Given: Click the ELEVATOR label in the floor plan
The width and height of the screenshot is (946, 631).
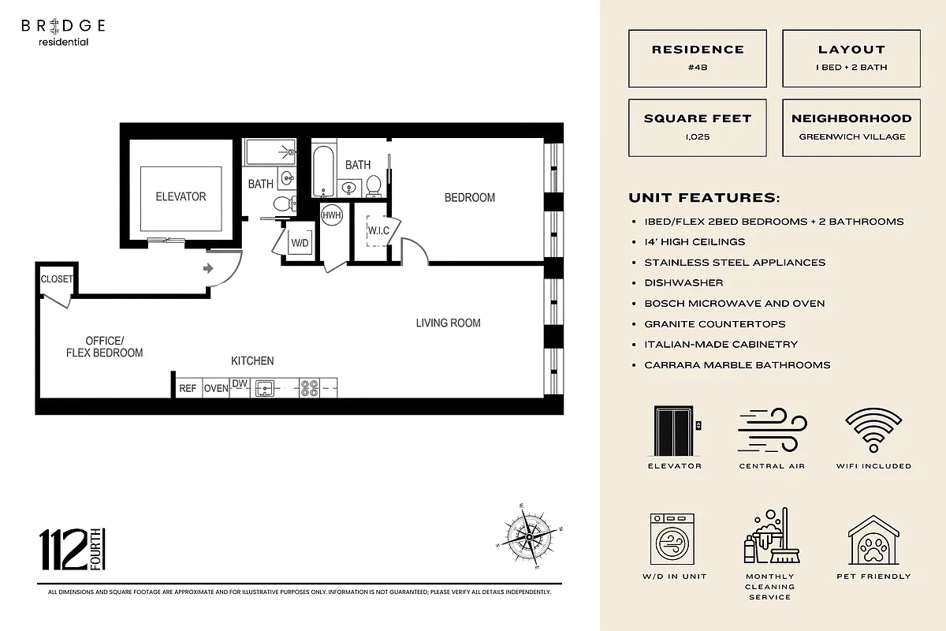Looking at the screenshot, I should [181, 196].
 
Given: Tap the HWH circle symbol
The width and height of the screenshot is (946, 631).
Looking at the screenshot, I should [332, 215].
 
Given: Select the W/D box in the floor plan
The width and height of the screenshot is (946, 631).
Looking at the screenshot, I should [300, 243].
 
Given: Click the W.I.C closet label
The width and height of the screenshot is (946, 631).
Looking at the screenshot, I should [378, 230].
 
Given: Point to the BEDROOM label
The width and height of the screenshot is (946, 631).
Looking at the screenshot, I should [470, 197].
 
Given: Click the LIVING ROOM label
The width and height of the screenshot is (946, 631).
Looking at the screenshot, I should [448, 323].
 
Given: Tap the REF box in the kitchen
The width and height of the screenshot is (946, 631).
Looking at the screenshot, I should [188, 388].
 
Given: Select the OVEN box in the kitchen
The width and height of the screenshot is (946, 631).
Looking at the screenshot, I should [216, 388].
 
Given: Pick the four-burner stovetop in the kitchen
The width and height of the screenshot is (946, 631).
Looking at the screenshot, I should [309, 387].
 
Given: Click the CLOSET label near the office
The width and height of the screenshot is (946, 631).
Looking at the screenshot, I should [57, 279].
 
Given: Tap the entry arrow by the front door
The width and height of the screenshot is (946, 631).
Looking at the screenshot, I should [208, 269].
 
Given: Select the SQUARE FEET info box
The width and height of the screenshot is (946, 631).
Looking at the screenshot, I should [698, 127].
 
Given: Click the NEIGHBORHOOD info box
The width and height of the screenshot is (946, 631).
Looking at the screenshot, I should [851, 127].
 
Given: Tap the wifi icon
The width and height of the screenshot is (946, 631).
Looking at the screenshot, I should [873, 431].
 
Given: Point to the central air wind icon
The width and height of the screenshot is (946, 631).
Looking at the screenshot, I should [772, 431].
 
